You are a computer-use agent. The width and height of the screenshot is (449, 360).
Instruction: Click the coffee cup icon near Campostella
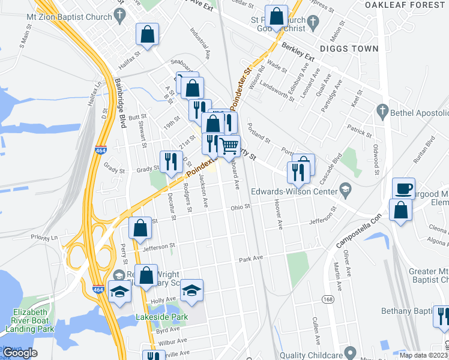pos(403,188)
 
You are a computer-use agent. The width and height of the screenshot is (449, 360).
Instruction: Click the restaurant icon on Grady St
pos(170,160)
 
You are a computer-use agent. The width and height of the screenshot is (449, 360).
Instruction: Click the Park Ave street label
pos(251,259)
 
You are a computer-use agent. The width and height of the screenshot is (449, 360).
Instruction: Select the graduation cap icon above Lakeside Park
pos(192,290)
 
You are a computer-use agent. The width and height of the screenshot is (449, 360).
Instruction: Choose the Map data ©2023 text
pos(423,355)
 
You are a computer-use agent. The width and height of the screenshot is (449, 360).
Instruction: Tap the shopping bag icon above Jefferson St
pos(140,227)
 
